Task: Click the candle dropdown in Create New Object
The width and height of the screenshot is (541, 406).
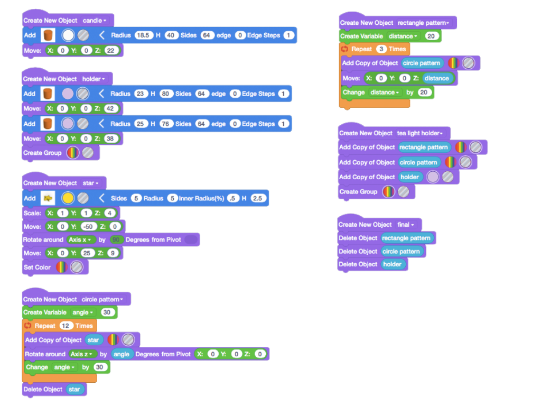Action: point(95,21)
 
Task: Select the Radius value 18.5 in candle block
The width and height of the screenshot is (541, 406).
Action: point(144,35)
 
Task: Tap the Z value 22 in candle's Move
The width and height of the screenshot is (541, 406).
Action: point(110,50)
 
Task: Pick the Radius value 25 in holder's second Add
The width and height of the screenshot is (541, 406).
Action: point(141,124)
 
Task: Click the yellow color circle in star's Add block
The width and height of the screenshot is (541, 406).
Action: point(68,198)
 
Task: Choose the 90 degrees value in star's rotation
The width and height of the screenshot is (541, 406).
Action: point(117,239)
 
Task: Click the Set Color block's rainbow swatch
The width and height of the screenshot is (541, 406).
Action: point(61,267)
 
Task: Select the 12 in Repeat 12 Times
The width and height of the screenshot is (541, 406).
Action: point(66,326)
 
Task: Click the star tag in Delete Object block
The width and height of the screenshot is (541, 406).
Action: point(74,389)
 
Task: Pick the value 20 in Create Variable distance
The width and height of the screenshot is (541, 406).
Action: point(431,36)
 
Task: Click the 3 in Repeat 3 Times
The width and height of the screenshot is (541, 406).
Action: point(381,49)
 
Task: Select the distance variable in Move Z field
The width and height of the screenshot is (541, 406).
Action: point(437,78)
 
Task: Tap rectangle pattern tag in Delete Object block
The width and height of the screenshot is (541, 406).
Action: point(406,238)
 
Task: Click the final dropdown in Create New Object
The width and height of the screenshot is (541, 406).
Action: point(406,225)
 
